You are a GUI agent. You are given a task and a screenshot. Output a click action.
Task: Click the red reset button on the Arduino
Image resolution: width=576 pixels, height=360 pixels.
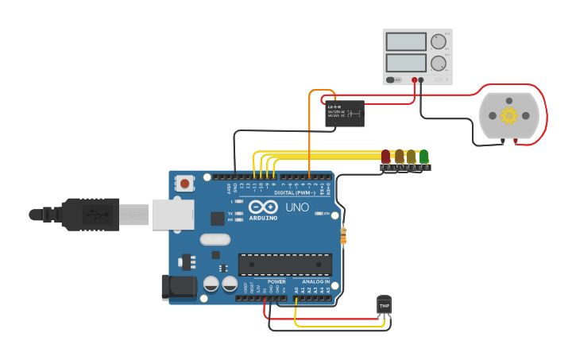click(x=185, y=184)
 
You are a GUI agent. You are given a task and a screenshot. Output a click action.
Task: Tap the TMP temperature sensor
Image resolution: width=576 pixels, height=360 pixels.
click(x=385, y=305)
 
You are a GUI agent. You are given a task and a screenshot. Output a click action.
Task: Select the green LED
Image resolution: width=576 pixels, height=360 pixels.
click(x=424, y=157)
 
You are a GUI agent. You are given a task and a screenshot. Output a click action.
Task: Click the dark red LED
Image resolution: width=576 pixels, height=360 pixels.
click(x=386, y=157)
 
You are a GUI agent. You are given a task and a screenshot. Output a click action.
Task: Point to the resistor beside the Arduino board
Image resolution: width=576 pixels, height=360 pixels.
click(x=343, y=235)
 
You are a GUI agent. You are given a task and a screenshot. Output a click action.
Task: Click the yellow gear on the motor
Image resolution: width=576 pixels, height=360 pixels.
click(x=508, y=116)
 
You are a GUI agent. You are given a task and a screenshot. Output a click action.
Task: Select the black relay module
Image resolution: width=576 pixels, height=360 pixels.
click(x=345, y=114)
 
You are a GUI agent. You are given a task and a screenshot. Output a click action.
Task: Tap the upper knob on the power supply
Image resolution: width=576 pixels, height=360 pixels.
click(x=439, y=41)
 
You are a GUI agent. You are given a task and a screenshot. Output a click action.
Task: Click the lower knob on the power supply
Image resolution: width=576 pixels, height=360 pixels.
click(x=439, y=63)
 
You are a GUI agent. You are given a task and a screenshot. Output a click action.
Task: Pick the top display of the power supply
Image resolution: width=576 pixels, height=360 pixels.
click(x=407, y=41)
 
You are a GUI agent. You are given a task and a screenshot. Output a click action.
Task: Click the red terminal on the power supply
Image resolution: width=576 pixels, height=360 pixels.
click(x=415, y=79)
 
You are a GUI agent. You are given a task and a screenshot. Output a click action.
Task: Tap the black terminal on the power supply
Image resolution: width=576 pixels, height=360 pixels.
click(x=422, y=79)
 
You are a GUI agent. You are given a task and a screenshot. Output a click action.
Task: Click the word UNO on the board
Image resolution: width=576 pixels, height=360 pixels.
click(x=297, y=207)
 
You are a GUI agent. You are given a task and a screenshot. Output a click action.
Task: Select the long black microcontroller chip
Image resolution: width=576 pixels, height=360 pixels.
click(x=284, y=263)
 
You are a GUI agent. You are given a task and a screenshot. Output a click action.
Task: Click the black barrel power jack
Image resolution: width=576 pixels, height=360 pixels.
click(x=178, y=288)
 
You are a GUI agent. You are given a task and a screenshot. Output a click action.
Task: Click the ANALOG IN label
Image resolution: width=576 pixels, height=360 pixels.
click(x=315, y=281)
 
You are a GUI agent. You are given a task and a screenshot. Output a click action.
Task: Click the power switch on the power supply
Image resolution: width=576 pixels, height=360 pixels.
click(x=393, y=79)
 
